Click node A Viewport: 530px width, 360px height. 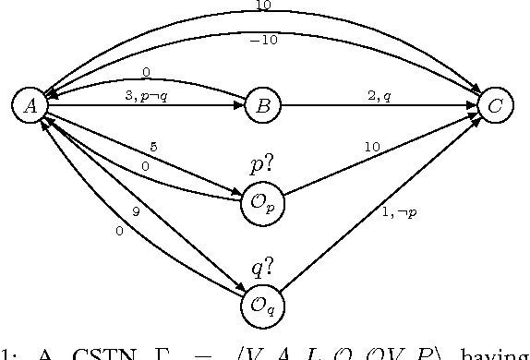pos(30,106)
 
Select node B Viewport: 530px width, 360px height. pos(262,107)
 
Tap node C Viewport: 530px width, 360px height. pos(495,107)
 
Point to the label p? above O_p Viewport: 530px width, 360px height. pos(262,166)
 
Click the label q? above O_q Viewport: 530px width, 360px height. pos(262,268)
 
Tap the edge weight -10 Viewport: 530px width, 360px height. pos(263,39)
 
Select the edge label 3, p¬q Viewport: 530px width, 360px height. pos(145,96)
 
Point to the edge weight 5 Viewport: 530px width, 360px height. pos(153,145)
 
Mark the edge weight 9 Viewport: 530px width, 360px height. pos(136,211)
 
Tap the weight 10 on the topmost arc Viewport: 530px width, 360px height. pos(262,6)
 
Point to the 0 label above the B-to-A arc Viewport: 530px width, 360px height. pos(146,71)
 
